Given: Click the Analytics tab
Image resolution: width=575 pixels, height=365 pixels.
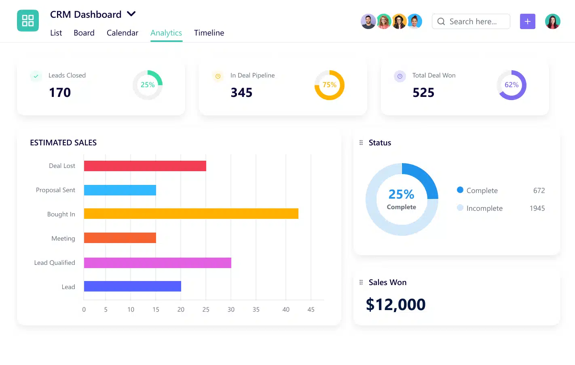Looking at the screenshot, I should [x=166, y=33].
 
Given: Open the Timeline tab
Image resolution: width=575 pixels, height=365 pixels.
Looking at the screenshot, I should [x=209, y=33].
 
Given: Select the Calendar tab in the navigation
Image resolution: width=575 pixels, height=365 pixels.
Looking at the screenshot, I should [x=122, y=33].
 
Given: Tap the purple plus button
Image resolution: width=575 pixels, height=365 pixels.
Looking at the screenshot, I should [x=527, y=21].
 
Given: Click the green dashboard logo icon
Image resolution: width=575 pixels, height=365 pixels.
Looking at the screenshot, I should [x=28, y=21].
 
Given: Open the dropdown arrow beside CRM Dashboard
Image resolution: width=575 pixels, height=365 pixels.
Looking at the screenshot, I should [x=131, y=14].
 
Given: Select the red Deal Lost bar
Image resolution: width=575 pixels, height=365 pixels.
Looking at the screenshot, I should [x=145, y=166].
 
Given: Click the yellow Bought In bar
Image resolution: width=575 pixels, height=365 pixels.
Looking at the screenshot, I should [x=191, y=214].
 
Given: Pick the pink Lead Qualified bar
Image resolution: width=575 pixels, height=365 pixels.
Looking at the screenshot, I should [x=157, y=263].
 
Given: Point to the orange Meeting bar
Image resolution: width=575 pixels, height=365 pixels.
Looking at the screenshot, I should [x=120, y=238].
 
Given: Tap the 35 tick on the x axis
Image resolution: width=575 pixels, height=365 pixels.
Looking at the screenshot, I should [x=256, y=309].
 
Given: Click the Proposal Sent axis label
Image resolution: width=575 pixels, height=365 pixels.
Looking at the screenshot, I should [x=55, y=190].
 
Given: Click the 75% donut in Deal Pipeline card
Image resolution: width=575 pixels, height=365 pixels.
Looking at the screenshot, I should [x=329, y=85].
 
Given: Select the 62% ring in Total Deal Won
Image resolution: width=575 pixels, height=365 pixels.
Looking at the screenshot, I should [x=511, y=85].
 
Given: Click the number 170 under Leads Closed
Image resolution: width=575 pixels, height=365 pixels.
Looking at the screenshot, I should [x=60, y=92].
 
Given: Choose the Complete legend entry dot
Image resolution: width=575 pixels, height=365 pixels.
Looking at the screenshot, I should [x=460, y=190].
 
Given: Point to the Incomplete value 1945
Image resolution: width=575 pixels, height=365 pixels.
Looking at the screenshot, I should [x=537, y=208].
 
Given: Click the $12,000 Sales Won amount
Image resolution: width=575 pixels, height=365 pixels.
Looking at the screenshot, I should [x=395, y=304].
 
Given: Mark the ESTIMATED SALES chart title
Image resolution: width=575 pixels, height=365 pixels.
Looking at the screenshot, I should [x=63, y=143].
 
